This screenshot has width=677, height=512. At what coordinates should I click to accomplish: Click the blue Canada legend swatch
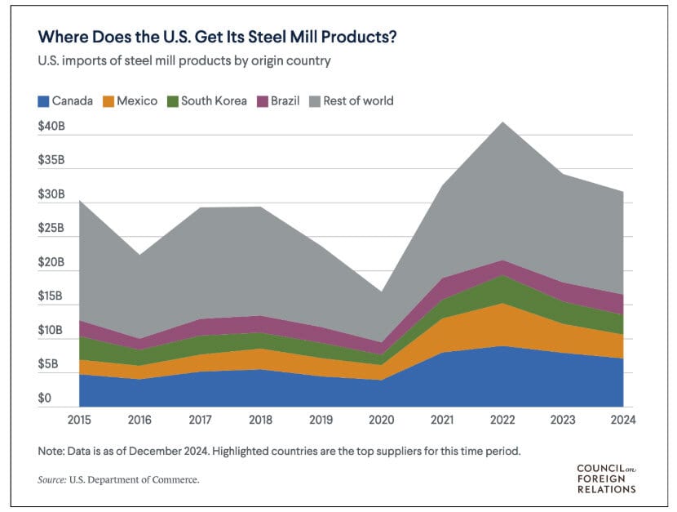(x=42, y=101)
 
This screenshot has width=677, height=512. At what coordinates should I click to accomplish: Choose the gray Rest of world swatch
(x=313, y=101)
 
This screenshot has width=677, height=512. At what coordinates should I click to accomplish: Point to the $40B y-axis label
(x=53, y=127)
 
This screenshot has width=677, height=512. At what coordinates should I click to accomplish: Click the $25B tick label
(x=53, y=229)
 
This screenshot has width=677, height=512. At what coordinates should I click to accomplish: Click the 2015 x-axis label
(x=80, y=420)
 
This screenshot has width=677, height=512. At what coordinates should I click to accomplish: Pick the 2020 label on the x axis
(x=382, y=420)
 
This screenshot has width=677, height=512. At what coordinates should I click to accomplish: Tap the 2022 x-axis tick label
(x=502, y=420)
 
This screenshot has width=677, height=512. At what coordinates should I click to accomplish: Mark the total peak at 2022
(x=502, y=122)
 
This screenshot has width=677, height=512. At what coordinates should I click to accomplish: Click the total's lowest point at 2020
(x=382, y=292)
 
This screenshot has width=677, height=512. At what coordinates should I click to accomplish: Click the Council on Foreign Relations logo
(x=605, y=479)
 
